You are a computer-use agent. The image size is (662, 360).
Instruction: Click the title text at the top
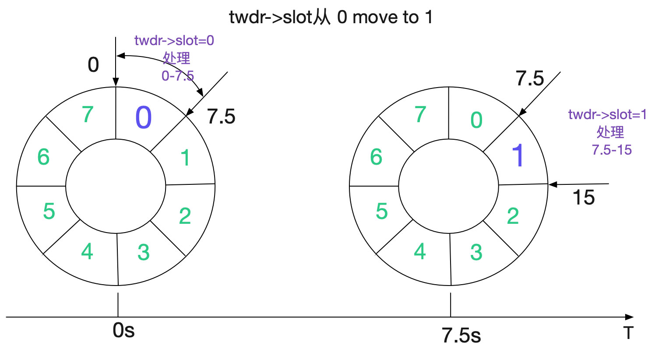tap(331, 18)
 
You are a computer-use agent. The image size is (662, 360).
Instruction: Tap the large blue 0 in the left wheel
tap(144, 118)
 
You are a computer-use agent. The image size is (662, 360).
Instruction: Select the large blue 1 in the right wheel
tap(518, 155)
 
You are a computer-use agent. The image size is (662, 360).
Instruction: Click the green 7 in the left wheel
tap(88, 115)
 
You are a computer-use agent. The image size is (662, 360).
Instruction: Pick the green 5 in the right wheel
tap(382, 212)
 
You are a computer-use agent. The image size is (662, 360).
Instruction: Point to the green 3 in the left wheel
tap(144, 252)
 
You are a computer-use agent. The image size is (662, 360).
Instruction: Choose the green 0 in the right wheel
tap(476, 120)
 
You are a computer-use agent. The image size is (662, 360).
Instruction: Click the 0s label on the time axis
tap(123, 330)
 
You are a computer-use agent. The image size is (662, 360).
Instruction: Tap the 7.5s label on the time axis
tap(461, 336)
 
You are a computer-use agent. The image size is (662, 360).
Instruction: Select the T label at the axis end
tap(629, 333)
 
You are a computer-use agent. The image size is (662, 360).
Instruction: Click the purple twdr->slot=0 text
tap(174, 41)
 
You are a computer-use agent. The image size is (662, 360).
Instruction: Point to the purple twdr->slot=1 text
tap(607, 115)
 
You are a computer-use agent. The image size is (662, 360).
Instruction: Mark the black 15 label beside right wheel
tap(584, 198)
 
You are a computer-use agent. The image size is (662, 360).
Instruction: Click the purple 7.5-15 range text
tap(612, 150)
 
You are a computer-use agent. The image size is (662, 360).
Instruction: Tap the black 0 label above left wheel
tap(93, 65)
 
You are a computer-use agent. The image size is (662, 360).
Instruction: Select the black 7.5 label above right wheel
tap(530, 79)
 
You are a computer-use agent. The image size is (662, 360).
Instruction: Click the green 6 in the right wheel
tap(376, 157)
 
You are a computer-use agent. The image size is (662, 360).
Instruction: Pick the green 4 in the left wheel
tap(87, 251)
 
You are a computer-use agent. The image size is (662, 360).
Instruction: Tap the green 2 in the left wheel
tap(185, 216)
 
